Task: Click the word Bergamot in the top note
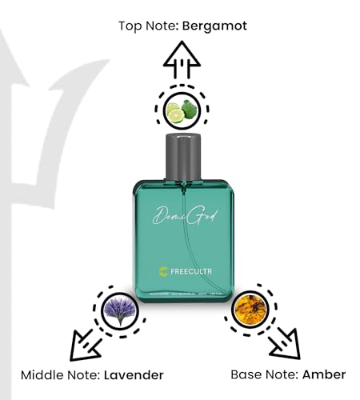(215, 26)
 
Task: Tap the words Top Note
(149, 26)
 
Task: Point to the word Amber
(324, 374)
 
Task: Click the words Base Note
(265, 374)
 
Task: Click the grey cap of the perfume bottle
(180, 159)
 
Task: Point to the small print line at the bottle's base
(181, 297)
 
